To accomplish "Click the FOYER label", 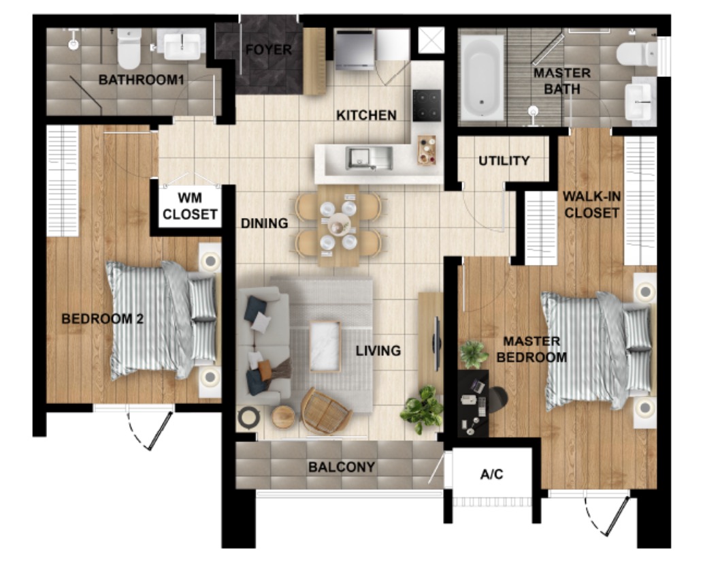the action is (269, 50).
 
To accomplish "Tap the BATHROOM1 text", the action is (142, 80).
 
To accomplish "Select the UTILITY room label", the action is (504, 161).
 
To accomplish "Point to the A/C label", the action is (492, 474).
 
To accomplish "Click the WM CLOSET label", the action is (190, 206).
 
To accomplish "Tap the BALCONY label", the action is (342, 467).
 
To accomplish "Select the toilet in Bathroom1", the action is (129, 48).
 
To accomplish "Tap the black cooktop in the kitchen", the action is (427, 105).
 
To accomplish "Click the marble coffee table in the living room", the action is (325, 346).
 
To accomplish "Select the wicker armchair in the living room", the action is (325, 411).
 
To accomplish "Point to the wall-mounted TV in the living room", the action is (437, 341).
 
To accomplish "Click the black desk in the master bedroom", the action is (474, 403).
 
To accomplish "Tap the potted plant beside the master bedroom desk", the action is (474, 354).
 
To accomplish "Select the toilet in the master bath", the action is (636, 54).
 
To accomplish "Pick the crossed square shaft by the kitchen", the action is (431, 40).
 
